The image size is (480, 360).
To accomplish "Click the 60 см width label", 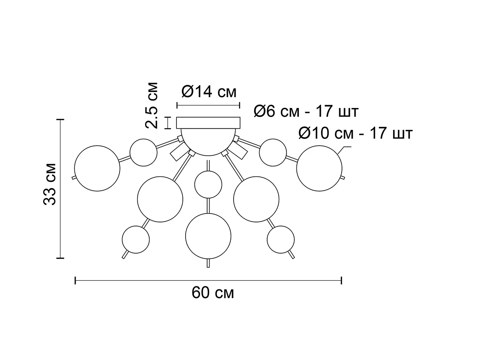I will click(212, 293).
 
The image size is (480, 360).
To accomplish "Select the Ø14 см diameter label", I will click(208, 92).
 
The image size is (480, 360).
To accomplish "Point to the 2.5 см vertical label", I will click(152, 105).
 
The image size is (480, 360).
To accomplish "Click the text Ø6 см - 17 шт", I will click(306, 112).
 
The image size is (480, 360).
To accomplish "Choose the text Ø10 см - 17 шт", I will click(355, 133).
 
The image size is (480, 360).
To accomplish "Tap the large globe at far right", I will click(319, 167).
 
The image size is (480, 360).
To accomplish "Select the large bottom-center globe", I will click(208, 236).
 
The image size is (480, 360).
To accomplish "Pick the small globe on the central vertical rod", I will click(208, 184).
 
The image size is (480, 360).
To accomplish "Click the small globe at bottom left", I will click(136, 239).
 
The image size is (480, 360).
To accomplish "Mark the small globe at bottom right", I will click(281, 239).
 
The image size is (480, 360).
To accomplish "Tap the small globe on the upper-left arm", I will click(143, 152).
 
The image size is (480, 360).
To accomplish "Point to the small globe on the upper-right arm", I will click(273, 152).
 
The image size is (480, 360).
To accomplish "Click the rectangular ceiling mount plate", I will click(208, 122).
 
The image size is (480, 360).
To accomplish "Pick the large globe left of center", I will click(160, 198).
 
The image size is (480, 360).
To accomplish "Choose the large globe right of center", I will click(256, 199).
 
